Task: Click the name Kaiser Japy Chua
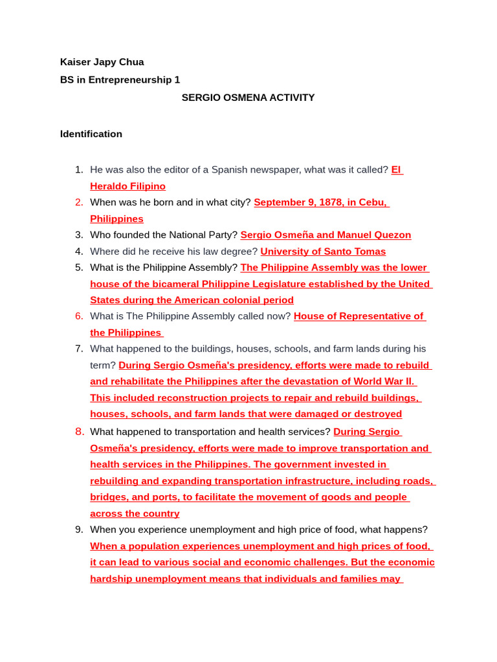point(102,62)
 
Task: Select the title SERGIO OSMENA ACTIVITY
point(248,98)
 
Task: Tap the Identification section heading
point(91,134)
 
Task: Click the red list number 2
point(79,202)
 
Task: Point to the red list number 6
point(79,316)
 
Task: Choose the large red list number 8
point(79,432)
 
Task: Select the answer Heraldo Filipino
point(127,186)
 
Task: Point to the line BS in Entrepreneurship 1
point(120,80)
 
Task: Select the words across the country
point(135,514)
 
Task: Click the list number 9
point(79,530)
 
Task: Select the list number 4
point(79,251)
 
